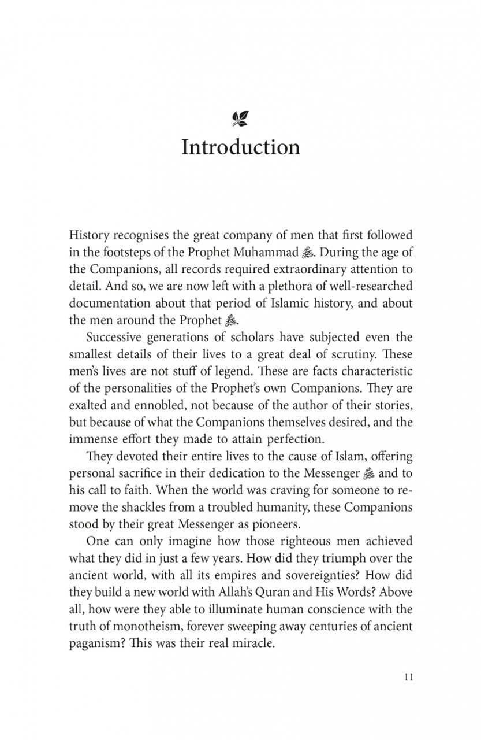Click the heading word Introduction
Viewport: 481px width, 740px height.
click(240, 147)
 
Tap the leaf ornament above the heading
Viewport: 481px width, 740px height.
click(240, 119)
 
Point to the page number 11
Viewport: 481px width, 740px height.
click(408, 678)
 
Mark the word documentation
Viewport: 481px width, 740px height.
click(110, 302)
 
